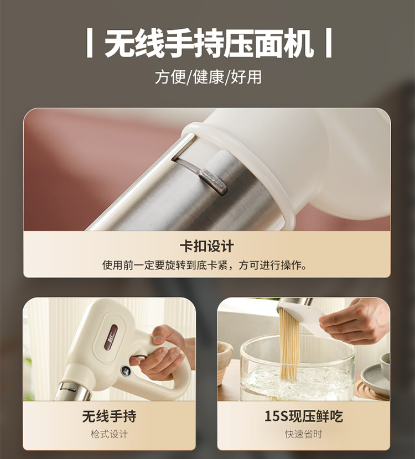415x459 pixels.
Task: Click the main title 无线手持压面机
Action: (x=209, y=43)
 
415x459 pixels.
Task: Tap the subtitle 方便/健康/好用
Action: (x=208, y=77)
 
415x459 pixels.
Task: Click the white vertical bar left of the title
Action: (x=90, y=43)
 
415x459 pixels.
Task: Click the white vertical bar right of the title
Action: (x=329, y=43)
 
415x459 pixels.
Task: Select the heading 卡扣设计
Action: (x=207, y=246)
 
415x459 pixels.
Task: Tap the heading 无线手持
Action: (x=109, y=416)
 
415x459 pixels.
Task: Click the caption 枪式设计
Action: (x=109, y=434)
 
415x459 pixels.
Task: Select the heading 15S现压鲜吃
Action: (x=303, y=416)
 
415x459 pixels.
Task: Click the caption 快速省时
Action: (x=303, y=434)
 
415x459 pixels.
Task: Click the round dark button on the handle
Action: (x=126, y=371)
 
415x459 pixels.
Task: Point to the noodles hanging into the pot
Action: (x=289, y=346)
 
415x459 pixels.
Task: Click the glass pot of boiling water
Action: (x=297, y=368)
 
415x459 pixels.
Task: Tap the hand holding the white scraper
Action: (x=354, y=321)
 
